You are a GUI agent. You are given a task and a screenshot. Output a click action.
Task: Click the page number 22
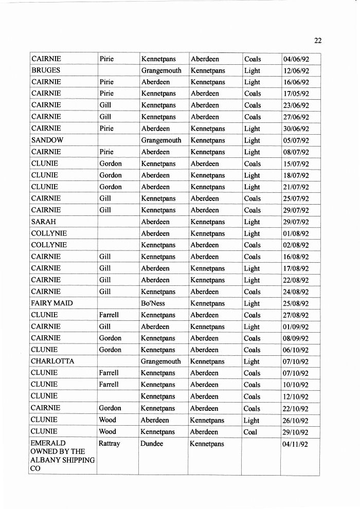pyautogui.click(x=317, y=41)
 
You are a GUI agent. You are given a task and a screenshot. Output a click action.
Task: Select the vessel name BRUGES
pyautogui.click(x=46, y=70)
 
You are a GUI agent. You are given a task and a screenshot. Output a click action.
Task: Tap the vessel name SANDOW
pyautogui.click(x=47, y=140)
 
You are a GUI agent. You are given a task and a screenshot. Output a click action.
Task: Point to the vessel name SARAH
pyautogui.click(x=43, y=222)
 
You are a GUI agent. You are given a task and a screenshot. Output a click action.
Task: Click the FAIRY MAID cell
pyautogui.click(x=51, y=303)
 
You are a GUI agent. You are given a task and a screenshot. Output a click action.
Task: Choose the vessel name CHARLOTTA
pyautogui.click(x=52, y=361)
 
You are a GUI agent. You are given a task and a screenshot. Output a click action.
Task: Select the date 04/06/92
pyautogui.click(x=296, y=59)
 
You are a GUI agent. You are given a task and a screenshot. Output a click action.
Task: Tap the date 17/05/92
pyautogui.click(x=296, y=94)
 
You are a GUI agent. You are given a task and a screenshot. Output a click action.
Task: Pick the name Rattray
pyautogui.click(x=109, y=444)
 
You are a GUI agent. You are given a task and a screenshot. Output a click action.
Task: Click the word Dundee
pyautogui.click(x=152, y=444)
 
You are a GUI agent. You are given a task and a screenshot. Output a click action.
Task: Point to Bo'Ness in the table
pyautogui.click(x=153, y=303)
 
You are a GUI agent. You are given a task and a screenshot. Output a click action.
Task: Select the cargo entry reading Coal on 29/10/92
pyautogui.click(x=250, y=432)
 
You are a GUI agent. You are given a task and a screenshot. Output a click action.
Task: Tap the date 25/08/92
pyautogui.click(x=296, y=303)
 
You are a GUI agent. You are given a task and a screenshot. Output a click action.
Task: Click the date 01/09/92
pyautogui.click(x=296, y=326)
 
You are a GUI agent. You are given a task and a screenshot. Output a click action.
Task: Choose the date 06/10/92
pyautogui.click(x=296, y=350)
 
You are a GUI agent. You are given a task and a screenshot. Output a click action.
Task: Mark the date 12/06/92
pyautogui.click(x=296, y=70)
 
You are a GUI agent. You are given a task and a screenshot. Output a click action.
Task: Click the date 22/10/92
pyautogui.click(x=296, y=409)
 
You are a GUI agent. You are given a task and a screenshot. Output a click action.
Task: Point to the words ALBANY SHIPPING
pyautogui.click(x=63, y=460)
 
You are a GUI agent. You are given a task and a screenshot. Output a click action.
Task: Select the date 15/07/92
pyautogui.click(x=296, y=163)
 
